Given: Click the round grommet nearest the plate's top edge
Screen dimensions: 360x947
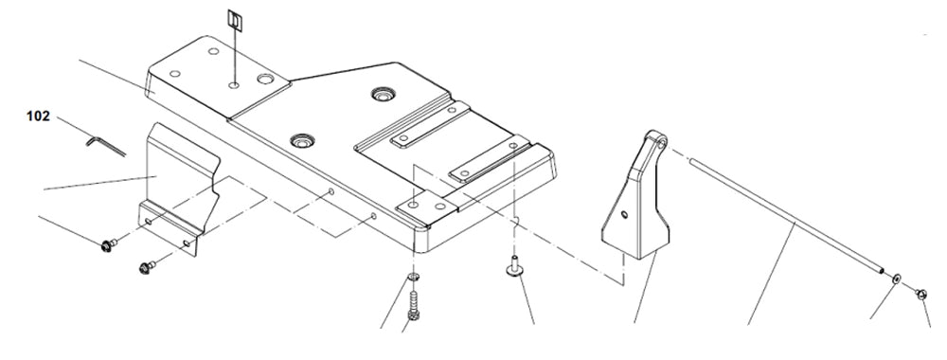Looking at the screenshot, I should (x=384, y=95).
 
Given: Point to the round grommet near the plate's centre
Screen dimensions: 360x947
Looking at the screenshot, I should (x=302, y=141).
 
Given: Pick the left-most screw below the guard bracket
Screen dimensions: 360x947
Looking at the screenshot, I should (x=106, y=246).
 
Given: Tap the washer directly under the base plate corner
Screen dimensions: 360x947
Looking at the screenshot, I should (x=413, y=279).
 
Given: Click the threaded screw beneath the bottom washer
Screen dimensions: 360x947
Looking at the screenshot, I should (x=413, y=306).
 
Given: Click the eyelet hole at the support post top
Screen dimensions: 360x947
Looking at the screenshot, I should (x=660, y=141).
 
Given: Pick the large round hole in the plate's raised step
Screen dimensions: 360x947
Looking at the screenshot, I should (x=264, y=81).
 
